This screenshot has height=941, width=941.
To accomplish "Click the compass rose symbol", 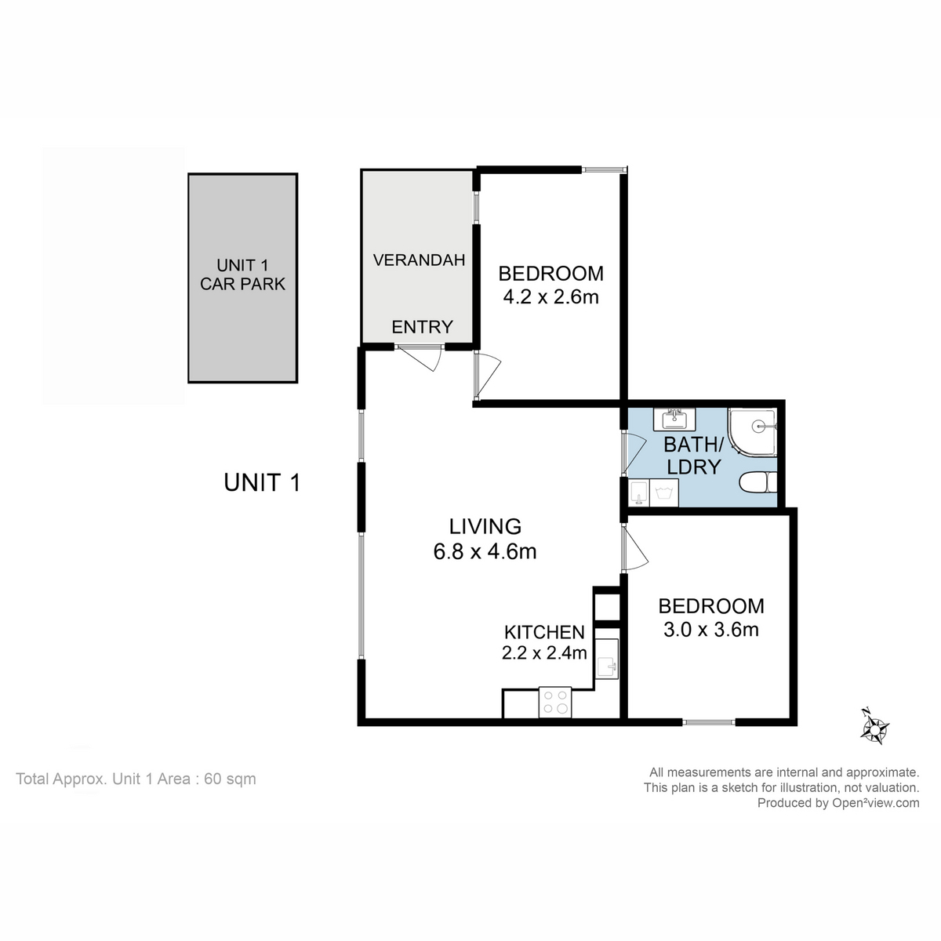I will tap(872, 726).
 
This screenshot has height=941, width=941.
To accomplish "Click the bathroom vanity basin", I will tap(674, 416).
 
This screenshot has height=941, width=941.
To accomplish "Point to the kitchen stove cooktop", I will tap(555, 702).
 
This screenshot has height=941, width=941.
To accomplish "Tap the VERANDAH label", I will tap(419, 260).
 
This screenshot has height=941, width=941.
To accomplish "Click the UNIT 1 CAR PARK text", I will tap(242, 275).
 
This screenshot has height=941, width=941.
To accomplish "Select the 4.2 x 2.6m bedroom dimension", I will tap(550, 297).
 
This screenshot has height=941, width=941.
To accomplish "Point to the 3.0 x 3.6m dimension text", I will tap(710, 629).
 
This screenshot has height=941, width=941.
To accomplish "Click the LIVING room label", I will tap(485, 526).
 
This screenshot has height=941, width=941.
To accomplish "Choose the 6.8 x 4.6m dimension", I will tap(485, 551).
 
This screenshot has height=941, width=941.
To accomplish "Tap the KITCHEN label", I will tap(544, 632).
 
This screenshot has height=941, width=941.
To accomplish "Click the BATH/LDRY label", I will tap(691, 456).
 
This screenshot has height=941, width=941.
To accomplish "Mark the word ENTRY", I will tap(422, 327).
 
